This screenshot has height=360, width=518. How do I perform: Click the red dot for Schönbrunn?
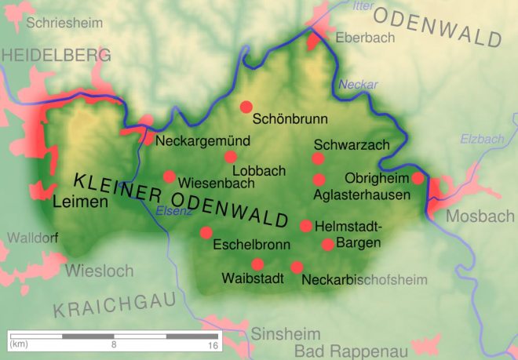[246, 107]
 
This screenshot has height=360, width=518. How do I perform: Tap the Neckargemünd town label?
[202, 142]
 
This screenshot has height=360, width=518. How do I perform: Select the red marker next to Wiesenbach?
[169, 176]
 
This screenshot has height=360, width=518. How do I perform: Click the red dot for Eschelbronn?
[206, 232]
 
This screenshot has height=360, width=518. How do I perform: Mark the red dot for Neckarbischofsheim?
[297, 267]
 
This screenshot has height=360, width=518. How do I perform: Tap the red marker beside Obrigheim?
[418, 178]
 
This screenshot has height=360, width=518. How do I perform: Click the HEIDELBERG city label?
[56, 56]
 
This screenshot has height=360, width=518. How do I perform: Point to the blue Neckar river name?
[358, 85]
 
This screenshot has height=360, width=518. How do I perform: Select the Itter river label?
[362, 6]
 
